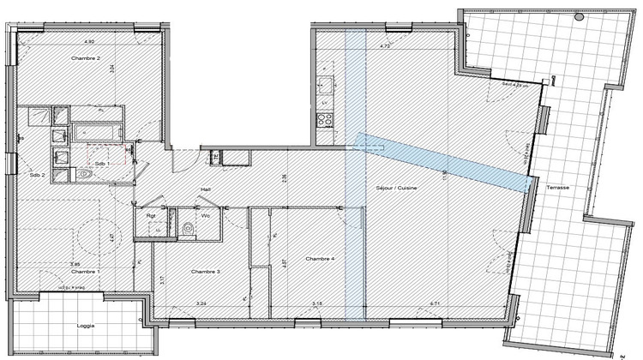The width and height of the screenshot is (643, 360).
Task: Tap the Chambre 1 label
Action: (85, 271)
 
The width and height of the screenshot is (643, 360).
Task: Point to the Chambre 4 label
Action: (320, 258)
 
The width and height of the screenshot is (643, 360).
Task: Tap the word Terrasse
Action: (562, 187)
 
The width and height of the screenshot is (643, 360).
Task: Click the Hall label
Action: (206, 189)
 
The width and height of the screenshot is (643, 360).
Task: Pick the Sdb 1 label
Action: (101, 163)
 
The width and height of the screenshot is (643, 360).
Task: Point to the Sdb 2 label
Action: (36, 175)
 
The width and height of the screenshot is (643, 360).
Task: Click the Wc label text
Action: (206, 215)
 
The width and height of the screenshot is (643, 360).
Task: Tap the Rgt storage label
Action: (150, 215)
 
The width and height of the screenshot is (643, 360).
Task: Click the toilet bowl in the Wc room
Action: (188, 229)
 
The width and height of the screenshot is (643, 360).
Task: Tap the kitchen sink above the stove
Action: (325, 86)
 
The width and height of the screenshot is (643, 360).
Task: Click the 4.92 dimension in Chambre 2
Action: (88, 41)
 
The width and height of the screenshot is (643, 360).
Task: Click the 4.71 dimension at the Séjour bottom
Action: (434, 303)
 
